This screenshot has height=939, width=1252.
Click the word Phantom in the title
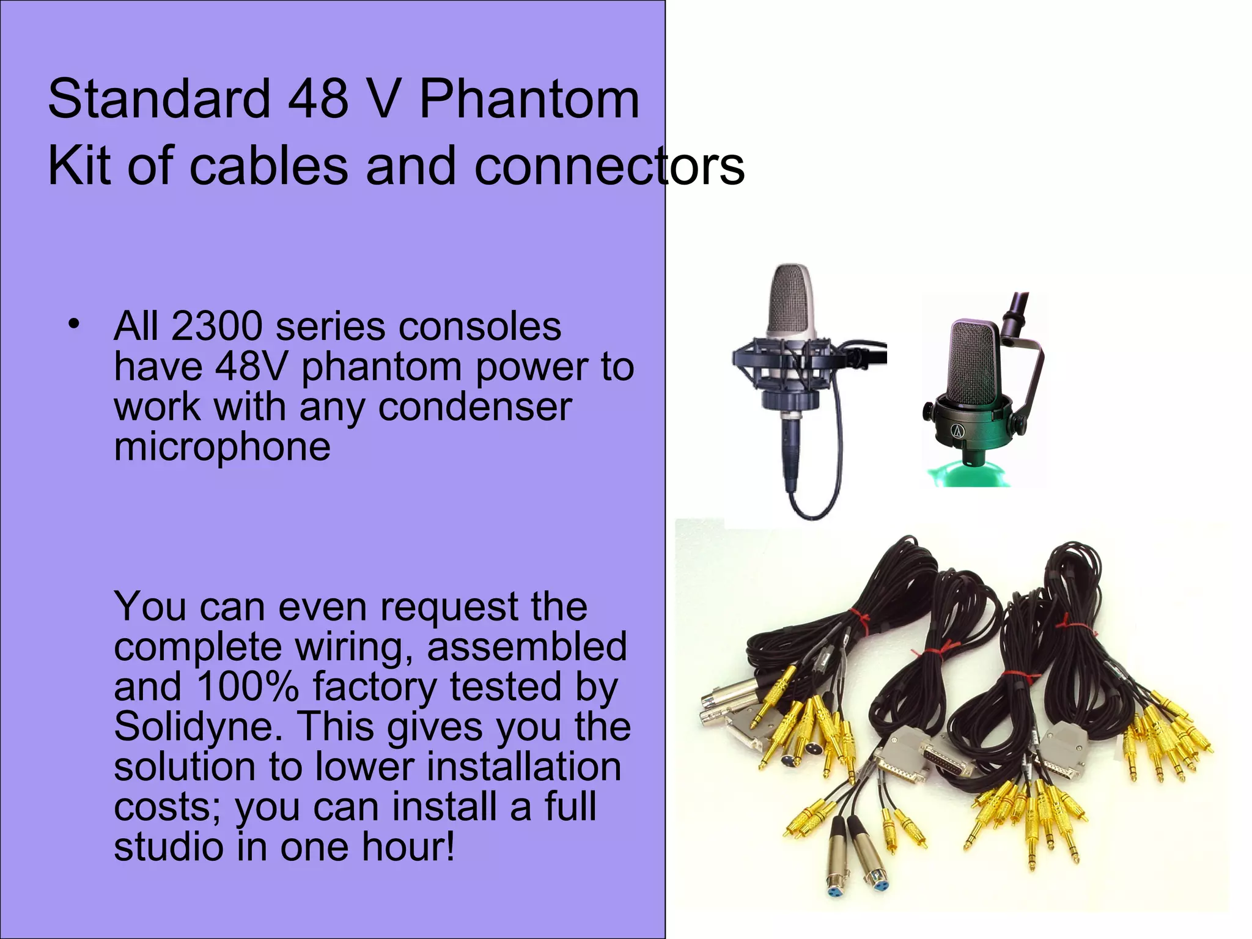pyautogui.click(x=529, y=100)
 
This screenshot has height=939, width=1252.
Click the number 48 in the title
pyautogui.click(x=317, y=100)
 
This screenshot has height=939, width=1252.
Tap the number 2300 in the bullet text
pyautogui.click(x=217, y=326)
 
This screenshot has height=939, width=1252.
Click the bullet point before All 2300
pyautogui.click(x=74, y=325)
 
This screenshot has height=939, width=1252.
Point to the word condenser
pyautogui.click(x=475, y=407)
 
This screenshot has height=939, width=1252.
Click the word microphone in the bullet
pyautogui.click(x=222, y=447)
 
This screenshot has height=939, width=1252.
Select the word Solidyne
pyautogui.click(x=194, y=727)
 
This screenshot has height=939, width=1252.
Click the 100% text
pyautogui.click(x=248, y=687)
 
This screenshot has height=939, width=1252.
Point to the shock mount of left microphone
pyautogui.click(x=789, y=373)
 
